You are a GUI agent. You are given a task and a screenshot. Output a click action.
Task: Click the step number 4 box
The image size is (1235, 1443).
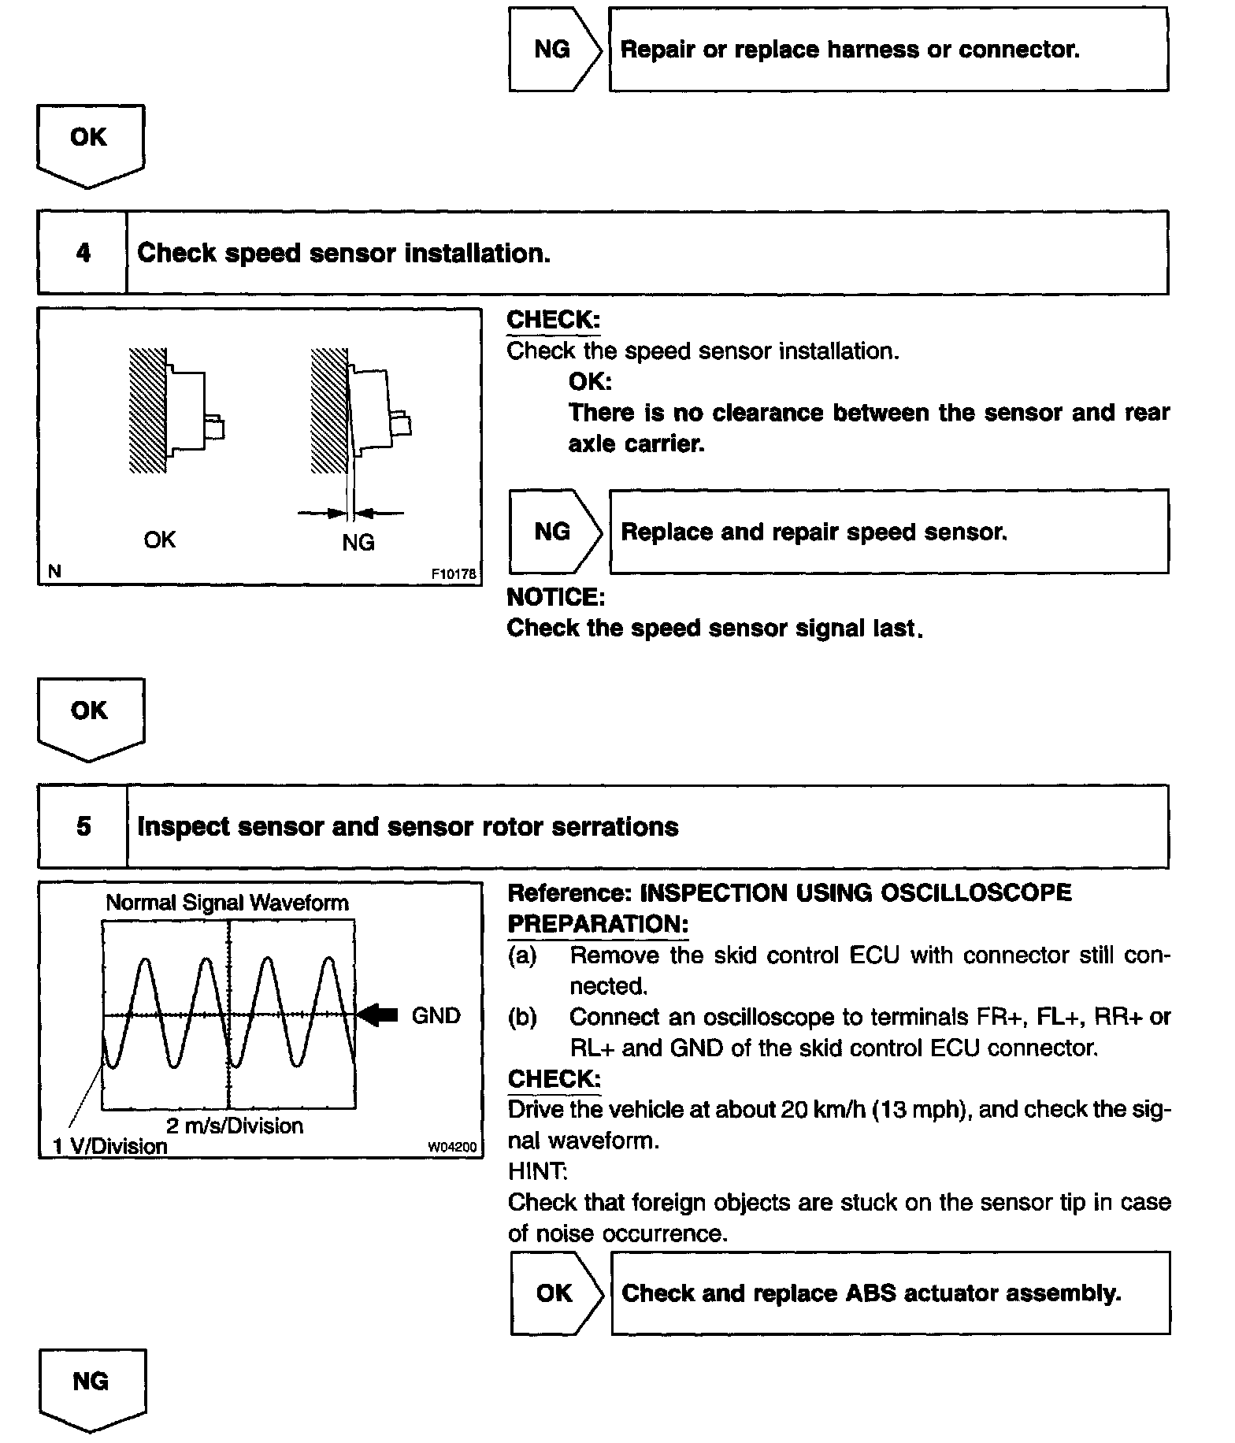[83, 253]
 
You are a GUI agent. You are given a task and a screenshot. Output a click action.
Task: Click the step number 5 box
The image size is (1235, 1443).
[83, 826]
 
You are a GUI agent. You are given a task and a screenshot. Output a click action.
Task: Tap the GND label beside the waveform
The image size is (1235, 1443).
[436, 1015]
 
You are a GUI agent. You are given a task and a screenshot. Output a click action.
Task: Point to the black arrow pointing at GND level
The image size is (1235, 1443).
[379, 1015]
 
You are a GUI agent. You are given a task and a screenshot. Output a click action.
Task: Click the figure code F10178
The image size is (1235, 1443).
[454, 574]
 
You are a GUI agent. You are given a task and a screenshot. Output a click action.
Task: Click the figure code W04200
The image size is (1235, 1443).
[452, 1148]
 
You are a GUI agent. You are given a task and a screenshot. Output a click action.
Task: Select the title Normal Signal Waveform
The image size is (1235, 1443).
[227, 903]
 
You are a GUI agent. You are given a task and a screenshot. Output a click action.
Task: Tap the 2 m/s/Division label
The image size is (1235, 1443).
[235, 1126]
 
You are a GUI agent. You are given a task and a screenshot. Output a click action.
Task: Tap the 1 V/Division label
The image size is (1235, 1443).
[110, 1146]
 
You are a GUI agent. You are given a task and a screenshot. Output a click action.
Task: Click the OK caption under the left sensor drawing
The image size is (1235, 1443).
[160, 540]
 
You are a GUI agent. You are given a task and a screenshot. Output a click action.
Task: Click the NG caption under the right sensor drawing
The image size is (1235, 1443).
[358, 543]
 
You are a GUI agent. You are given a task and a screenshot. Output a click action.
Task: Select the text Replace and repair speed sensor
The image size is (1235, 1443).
[814, 532]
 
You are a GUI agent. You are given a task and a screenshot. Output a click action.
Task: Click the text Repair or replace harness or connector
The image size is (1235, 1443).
[850, 50]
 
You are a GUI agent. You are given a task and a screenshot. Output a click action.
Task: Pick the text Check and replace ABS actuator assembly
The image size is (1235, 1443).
[871, 1293]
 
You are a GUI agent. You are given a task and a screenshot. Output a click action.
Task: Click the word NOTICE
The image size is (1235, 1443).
[555, 598]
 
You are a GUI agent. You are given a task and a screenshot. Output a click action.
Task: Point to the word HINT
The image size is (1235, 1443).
[537, 1171]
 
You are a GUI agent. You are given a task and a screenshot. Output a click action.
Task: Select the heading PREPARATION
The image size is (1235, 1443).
[598, 924]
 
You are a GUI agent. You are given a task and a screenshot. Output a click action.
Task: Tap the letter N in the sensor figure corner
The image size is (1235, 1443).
[54, 572]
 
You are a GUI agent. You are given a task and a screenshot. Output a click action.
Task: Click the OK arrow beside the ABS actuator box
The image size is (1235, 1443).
[554, 1293]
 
